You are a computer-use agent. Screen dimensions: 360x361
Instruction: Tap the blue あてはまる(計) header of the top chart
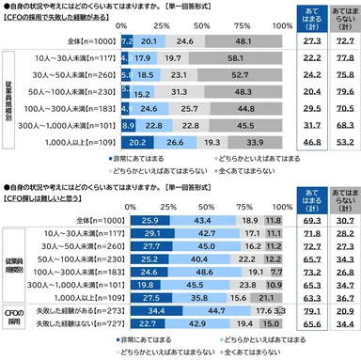click(302, 23)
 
